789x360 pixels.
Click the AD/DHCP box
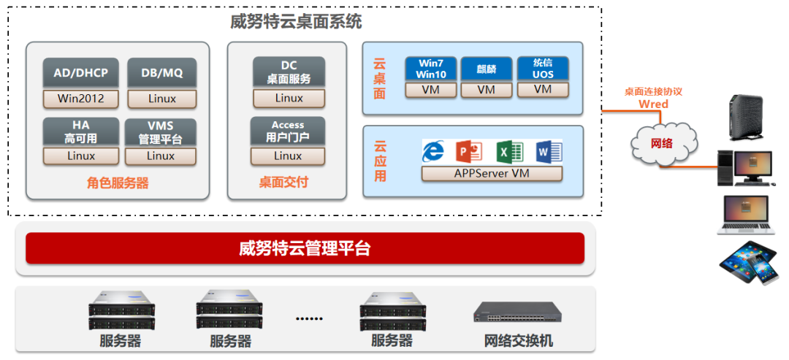80,72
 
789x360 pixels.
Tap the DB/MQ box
161,72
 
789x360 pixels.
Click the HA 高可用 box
80,131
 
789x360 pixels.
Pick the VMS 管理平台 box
161,132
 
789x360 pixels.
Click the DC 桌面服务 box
289,72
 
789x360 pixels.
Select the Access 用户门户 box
288,131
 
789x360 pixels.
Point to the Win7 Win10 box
430,69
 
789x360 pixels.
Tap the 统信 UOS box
542,69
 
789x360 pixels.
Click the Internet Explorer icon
433,151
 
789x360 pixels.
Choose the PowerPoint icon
469,151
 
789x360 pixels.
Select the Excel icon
510,151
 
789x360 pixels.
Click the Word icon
549,151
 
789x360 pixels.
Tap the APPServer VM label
492,174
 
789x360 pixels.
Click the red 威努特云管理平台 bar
305,248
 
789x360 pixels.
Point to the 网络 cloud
661,143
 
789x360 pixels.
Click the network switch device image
518,313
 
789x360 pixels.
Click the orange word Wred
653,104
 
